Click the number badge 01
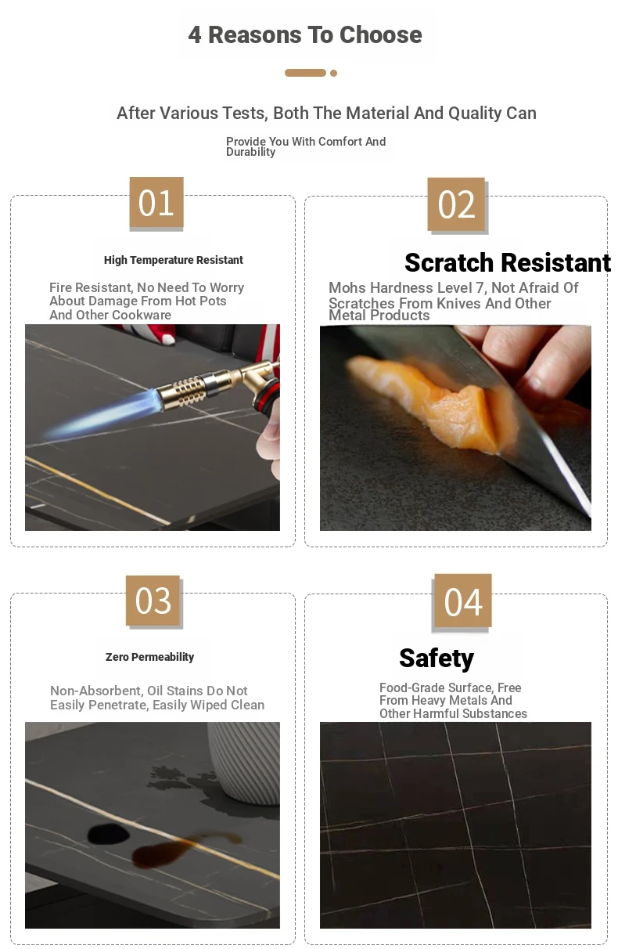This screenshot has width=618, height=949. coord(156,203)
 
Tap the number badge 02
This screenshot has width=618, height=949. coord(456,204)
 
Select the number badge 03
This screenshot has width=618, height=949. coord(153,601)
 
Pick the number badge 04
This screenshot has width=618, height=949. coord(463,601)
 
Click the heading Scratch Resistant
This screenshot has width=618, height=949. coord(508,262)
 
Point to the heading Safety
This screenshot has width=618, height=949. coord(437,659)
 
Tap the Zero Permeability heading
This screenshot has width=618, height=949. coord(150,657)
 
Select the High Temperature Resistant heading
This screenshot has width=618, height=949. coord(174,260)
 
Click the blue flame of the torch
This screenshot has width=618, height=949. coord(102,415)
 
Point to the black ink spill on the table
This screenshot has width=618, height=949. coord(109,834)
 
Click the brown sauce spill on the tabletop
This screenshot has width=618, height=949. coord(178,849)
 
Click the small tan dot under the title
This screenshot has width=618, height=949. coord(333,74)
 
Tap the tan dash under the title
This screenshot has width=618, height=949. coord(305,73)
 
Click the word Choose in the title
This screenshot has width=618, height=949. coord(380,34)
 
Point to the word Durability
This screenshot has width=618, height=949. coord(250,152)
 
